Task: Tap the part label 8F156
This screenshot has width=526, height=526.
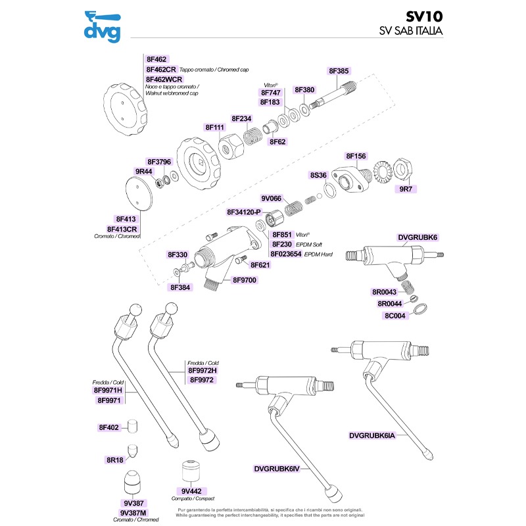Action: tap(356, 156)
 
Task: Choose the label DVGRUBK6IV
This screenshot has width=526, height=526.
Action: tap(277, 469)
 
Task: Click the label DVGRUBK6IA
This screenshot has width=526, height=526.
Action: tap(372, 435)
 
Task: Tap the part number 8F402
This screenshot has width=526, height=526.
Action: tap(108, 427)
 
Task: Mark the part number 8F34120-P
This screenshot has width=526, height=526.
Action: tap(244, 212)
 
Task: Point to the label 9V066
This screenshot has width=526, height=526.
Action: tap(271, 198)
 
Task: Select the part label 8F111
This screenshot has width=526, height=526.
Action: tap(215, 127)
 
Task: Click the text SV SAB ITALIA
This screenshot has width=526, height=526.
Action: tap(410, 31)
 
